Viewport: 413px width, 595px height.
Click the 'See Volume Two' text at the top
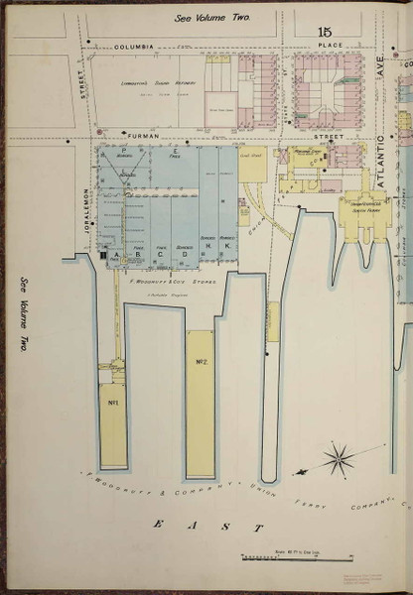(x=212, y=18)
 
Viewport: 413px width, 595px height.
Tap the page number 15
(x=324, y=33)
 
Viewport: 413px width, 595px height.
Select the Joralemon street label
(x=86, y=208)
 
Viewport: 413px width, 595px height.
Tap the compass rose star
(x=341, y=458)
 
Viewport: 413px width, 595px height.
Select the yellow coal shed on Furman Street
(x=252, y=164)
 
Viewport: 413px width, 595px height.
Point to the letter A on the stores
(x=117, y=254)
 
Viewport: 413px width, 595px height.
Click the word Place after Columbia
(x=331, y=47)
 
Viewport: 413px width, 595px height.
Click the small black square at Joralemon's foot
(x=102, y=255)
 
